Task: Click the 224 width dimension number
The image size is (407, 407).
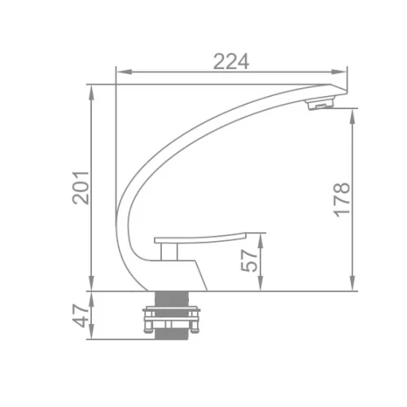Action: point(231,62)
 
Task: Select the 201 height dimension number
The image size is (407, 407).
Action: point(81,188)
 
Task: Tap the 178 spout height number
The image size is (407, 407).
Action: point(342,200)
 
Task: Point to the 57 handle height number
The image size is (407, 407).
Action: point(249,260)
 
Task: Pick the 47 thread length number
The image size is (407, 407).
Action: point(81,316)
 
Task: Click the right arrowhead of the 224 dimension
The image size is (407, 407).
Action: point(339,72)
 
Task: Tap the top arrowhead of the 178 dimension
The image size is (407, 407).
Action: point(352,116)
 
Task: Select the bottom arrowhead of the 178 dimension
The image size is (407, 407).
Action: point(352,283)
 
